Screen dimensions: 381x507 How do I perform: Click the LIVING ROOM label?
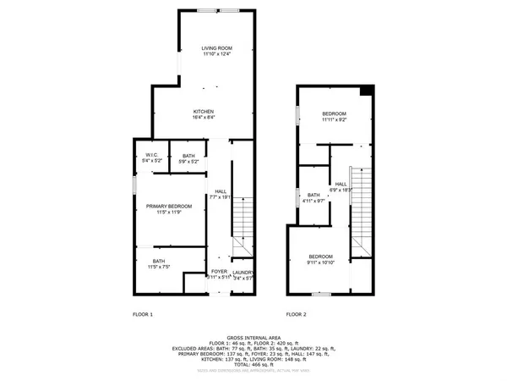[216, 49]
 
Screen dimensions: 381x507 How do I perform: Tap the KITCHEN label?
[204, 112]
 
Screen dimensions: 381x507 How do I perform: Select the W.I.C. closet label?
[152, 155]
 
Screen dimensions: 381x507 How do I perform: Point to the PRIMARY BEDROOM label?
[168, 207]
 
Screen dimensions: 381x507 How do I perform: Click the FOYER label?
[219, 272]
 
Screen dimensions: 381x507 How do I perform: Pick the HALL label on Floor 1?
[221, 191]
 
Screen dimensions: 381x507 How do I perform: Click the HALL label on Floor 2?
[341, 184]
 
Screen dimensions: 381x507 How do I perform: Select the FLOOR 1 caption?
[143, 314]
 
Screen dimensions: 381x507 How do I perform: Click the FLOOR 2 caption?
[296, 314]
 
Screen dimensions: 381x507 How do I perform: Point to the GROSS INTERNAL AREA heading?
[253, 336]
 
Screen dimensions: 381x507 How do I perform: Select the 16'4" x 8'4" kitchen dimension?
[204, 119]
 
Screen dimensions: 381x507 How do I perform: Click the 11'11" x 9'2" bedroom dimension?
[334, 119]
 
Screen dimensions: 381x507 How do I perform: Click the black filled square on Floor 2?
[366, 91]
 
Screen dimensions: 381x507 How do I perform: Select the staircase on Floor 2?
[361, 203]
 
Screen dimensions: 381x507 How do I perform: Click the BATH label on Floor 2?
[313, 195]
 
